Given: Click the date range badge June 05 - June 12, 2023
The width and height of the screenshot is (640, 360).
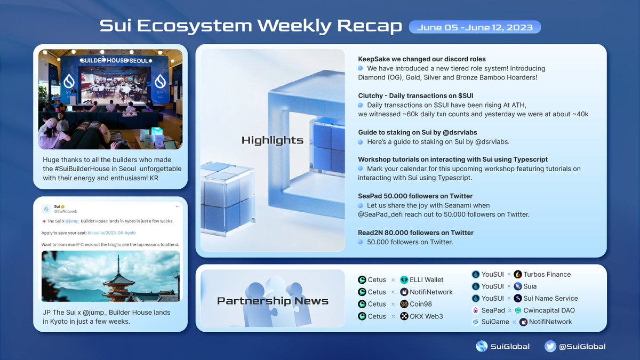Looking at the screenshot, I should pos(475,27).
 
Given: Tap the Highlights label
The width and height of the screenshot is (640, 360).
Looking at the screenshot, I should pos(272,140).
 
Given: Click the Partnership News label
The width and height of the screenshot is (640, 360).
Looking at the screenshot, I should pos(272,301).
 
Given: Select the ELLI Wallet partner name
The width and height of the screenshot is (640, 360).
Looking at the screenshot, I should pos(426,279).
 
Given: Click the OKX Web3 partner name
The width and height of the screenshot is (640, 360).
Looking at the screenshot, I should pos(426,316).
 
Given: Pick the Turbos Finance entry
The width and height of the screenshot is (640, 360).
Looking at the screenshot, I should pos(547,274).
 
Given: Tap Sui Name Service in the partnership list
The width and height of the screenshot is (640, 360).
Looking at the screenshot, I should pos(550,298).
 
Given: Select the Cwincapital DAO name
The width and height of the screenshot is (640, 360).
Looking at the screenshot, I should pos(549,310).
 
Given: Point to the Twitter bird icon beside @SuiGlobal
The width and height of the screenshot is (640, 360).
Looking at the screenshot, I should pos(550,346).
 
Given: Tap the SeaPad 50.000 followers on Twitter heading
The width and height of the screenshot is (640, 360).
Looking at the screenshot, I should pos(415,196).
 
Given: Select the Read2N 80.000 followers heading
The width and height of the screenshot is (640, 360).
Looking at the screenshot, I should pos(415,233).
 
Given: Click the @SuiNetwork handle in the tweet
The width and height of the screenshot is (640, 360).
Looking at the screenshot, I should pos(66,212).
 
